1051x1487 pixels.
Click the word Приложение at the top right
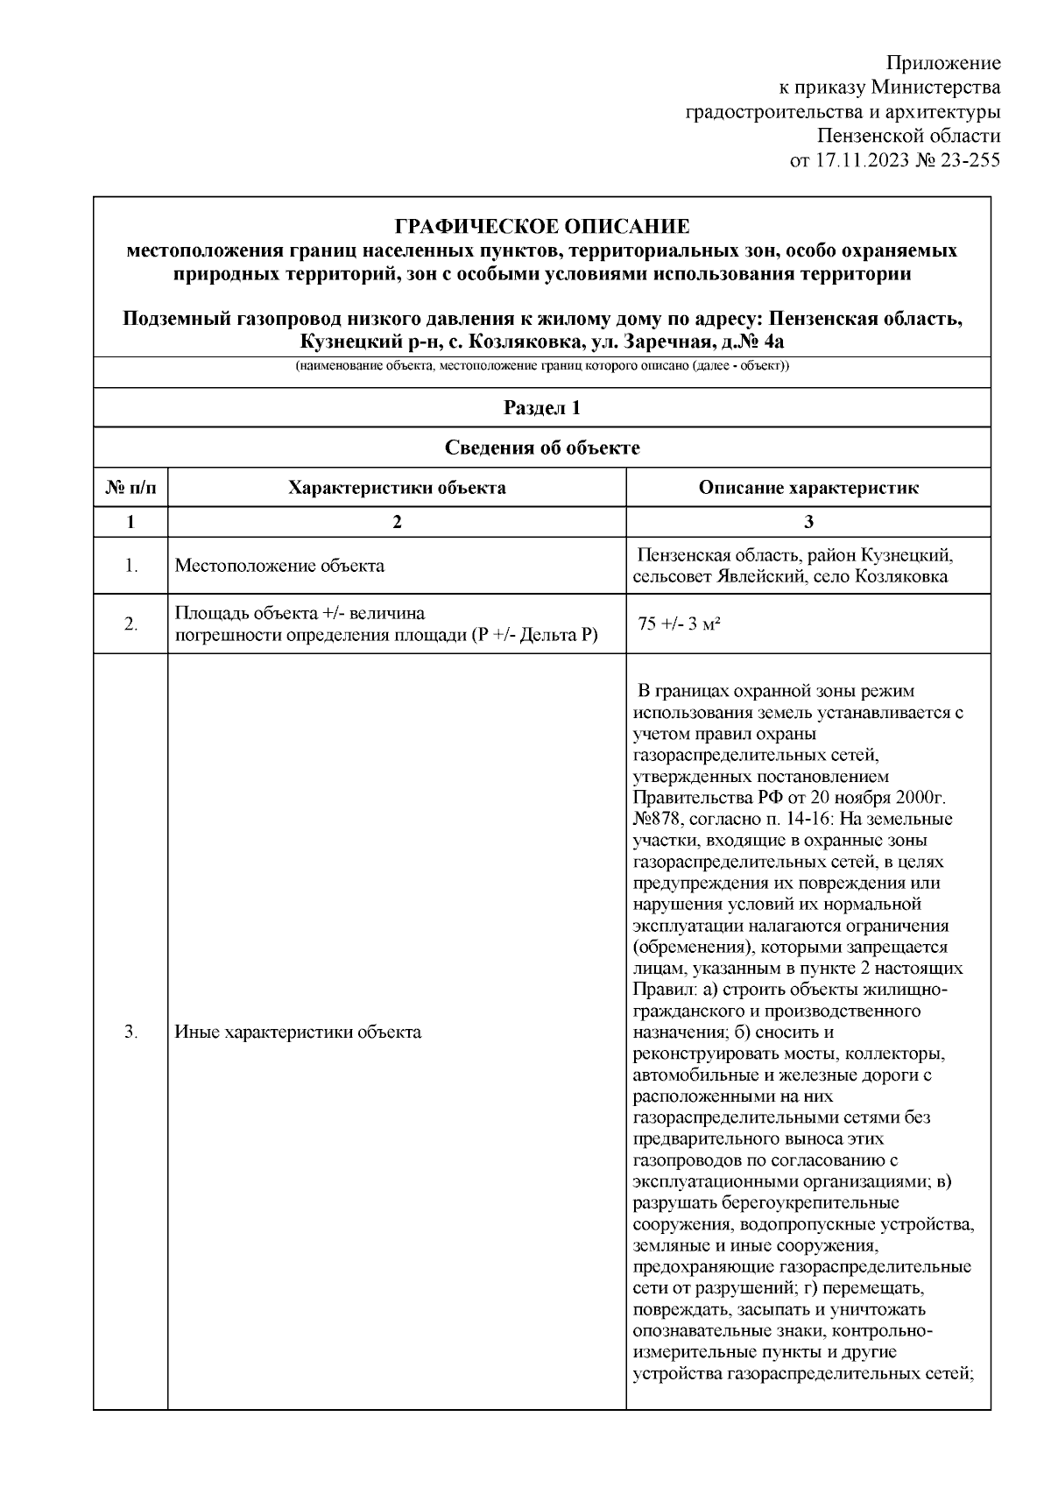[943, 63]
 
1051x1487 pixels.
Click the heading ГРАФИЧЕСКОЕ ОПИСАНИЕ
[542, 227]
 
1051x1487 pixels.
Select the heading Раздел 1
[542, 407]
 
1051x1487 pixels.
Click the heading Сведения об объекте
[542, 448]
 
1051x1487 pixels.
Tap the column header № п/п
[130, 488]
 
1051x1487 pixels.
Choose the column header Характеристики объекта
[397, 488]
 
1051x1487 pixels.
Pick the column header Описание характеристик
[808, 488]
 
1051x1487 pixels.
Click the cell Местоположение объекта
[279, 566]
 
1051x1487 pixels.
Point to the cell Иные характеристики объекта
[298, 1032]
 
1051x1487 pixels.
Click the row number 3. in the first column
[130, 1032]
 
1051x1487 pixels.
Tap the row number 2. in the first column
[130, 624]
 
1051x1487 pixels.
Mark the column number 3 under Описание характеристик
[808, 522]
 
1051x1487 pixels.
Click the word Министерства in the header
[937, 88]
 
